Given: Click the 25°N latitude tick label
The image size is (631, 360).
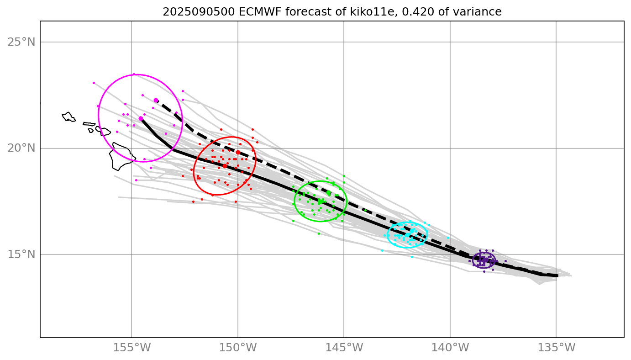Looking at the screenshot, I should tap(21, 42).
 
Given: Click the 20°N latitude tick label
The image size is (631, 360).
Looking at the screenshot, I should tap(21, 148).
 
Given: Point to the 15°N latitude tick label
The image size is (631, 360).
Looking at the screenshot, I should tap(21, 254).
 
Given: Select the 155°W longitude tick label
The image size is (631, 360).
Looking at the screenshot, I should tap(131, 348).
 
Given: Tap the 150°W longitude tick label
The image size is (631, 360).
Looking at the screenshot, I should tap(237, 348).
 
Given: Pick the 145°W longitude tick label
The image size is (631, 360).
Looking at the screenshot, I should tap(344, 348).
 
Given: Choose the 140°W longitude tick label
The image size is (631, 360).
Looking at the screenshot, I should tap(450, 348).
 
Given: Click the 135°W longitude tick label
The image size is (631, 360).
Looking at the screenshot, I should tap(556, 348).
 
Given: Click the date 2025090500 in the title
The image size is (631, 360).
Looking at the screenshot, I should tap(199, 12).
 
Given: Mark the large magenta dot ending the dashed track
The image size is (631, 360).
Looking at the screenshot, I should tap(156, 100).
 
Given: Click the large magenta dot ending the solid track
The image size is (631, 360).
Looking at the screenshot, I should tap(141, 118).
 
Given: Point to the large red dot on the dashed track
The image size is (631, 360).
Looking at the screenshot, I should tap(238, 152).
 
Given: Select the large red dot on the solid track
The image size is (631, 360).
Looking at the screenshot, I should tap(225, 166).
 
